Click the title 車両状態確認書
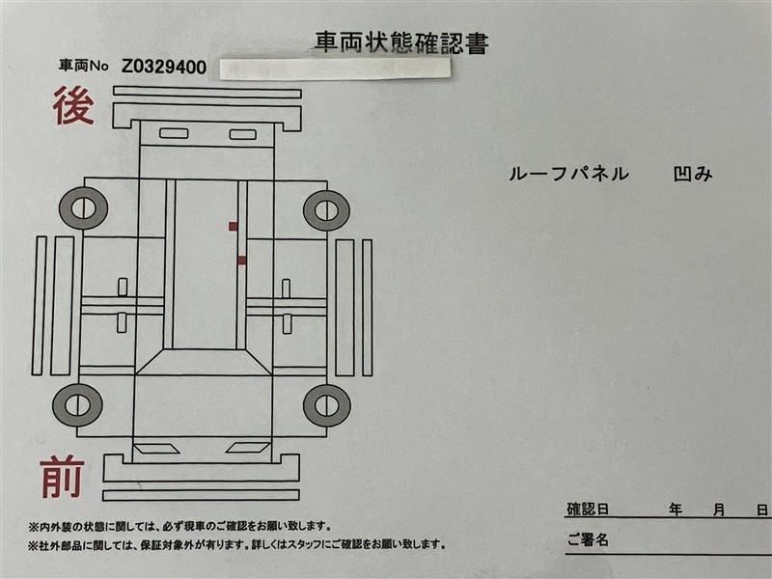[x=401, y=42]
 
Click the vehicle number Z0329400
[x=164, y=67]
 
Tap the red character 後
[x=73, y=105]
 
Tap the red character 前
[x=63, y=476]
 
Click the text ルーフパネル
[x=569, y=174]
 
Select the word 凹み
[x=693, y=174]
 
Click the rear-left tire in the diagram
[x=83, y=208]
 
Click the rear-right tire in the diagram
[x=326, y=210]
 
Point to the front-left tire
[x=77, y=405]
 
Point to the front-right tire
[x=327, y=405]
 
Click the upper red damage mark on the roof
[x=233, y=227]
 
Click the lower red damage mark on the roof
[x=242, y=261]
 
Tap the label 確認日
[x=588, y=510]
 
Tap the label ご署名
[x=588, y=540]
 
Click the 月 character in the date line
[x=719, y=510]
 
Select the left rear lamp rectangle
[x=174, y=133]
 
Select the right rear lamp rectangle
[x=243, y=134]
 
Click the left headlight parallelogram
[x=156, y=449]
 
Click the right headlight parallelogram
[x=248, y=448]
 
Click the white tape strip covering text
[x=335, y=69]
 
